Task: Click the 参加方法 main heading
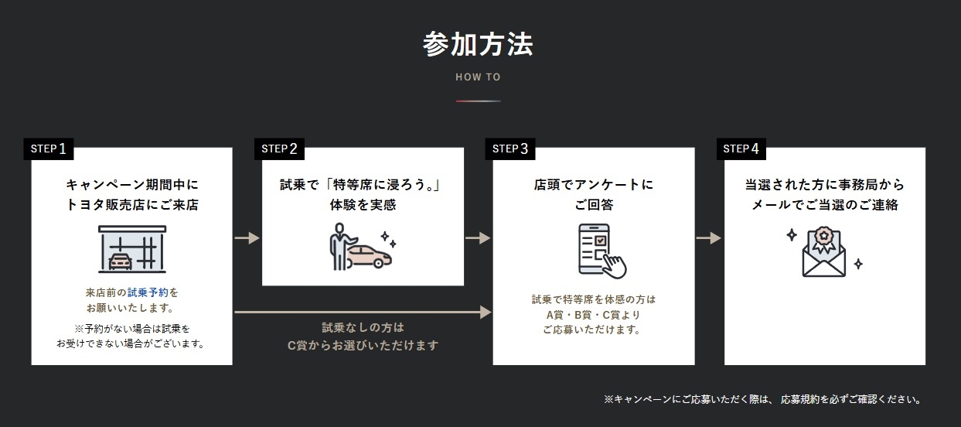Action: click(478, 44)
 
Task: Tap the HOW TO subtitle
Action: click(478, 77)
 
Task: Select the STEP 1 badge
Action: click(49, 149)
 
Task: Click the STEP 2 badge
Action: click(279, 149)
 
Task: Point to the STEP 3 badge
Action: click(510, 149)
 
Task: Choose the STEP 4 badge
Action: click(741, 149)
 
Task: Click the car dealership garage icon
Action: click(132, 249)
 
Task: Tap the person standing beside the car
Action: click(340, 246)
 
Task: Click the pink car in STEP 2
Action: click(369, 257)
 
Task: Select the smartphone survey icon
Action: click(601, 251)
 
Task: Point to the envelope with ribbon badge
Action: click(823, 252)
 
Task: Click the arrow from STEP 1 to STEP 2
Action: click(247, 237)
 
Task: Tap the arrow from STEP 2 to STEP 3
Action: click(478, 237)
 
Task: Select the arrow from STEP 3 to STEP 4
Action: click(709, 237)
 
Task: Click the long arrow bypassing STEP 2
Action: click(363, 312)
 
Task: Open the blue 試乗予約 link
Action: click(148, 292)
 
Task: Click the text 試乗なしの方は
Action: click(363, 328)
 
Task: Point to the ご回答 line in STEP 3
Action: click(594, 205)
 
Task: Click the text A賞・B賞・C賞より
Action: click(593, 315)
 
